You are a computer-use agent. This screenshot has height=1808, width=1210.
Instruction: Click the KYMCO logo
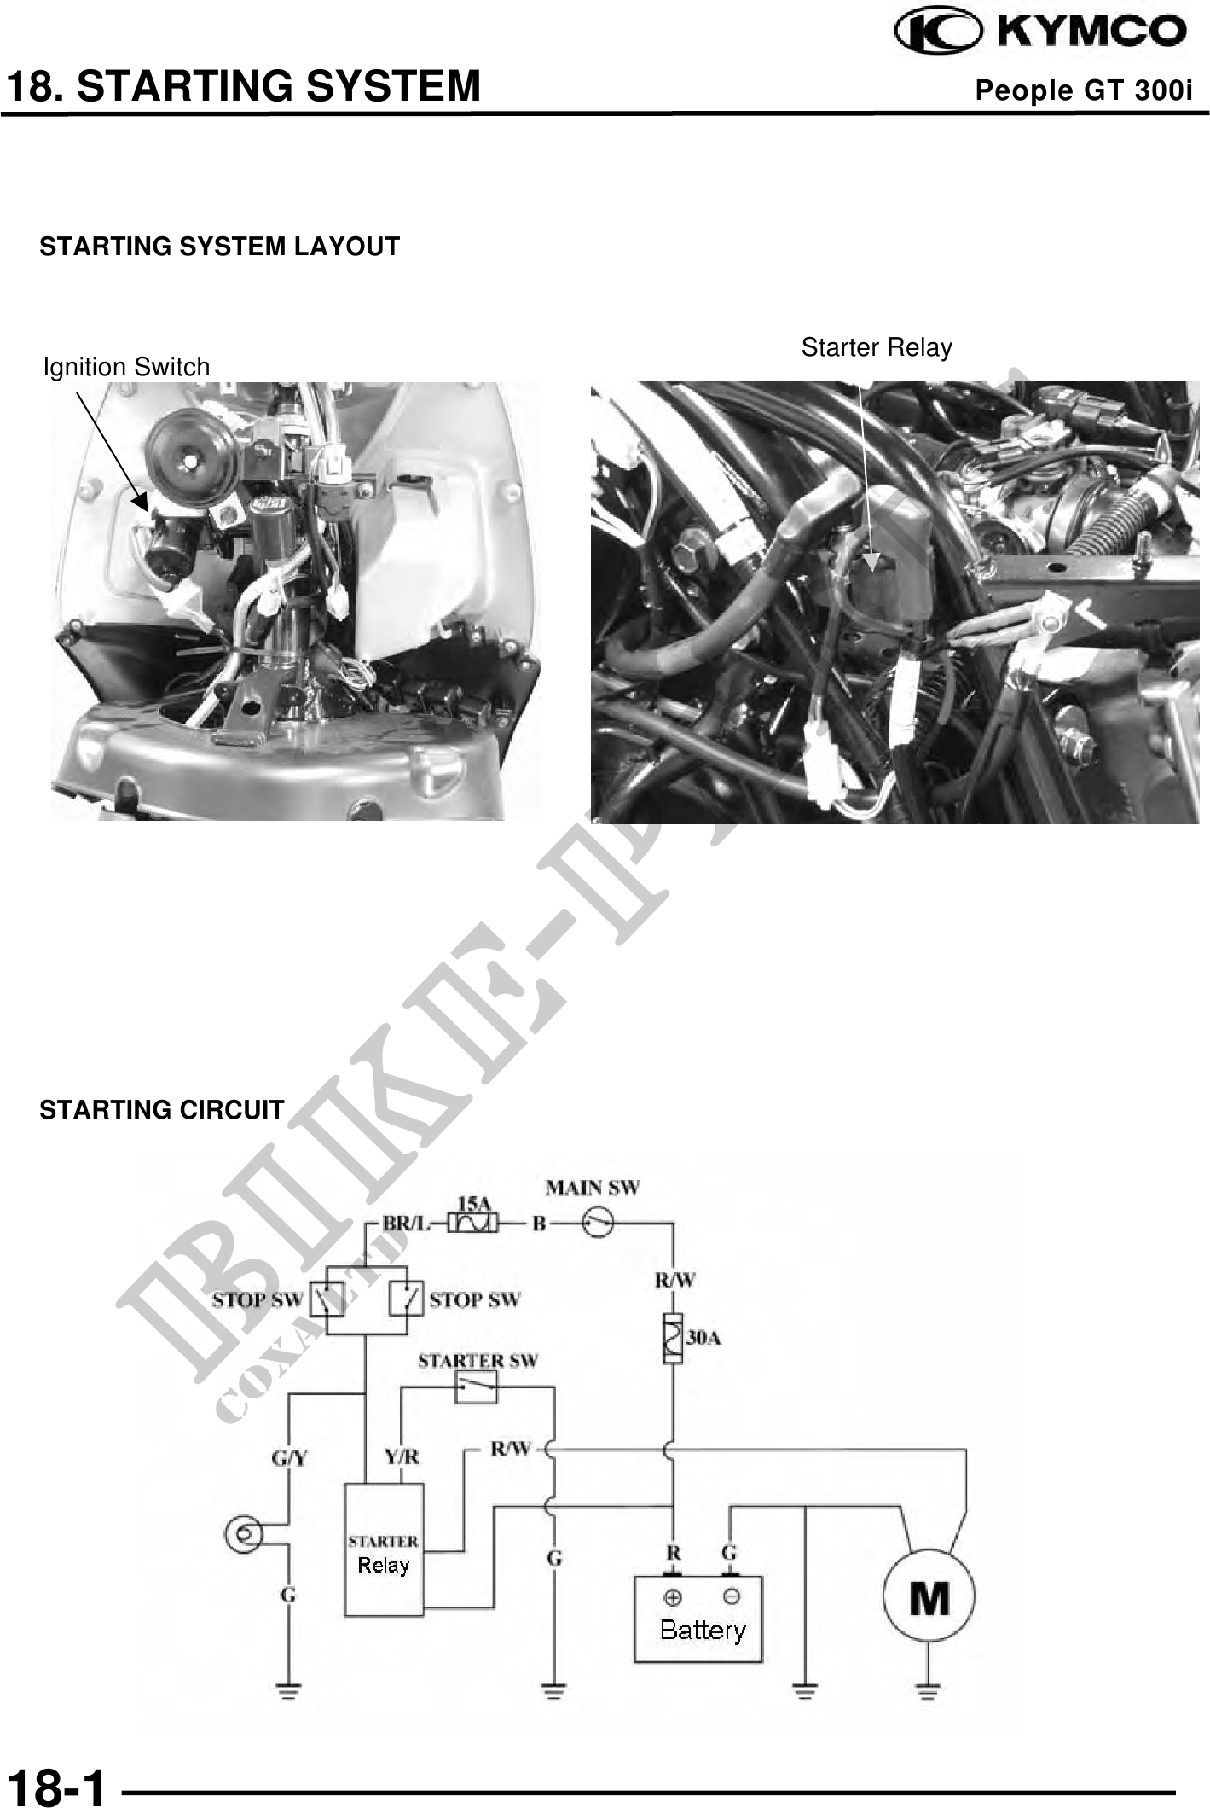(1039, 31)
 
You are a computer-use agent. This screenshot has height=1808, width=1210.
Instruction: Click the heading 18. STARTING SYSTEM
(244, 86)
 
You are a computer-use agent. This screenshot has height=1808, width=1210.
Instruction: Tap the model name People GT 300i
(1083, 90)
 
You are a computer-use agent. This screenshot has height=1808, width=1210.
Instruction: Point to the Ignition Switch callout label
(126, 367)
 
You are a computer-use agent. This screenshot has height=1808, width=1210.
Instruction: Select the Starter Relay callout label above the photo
(876, 347)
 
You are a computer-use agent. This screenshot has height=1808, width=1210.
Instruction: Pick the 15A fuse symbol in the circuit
(473, 1223)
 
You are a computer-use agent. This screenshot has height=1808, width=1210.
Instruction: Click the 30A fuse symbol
(673, 1338)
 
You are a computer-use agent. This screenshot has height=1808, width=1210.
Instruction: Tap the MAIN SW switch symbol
(598, 1223)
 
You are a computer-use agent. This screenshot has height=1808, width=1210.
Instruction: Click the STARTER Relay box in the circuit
(384, 1549)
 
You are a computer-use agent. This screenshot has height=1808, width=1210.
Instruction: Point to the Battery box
(698, 1619)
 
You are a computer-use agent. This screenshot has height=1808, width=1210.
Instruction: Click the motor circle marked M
(928, 1597)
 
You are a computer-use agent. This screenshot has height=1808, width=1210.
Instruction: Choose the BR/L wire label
(406, 1223)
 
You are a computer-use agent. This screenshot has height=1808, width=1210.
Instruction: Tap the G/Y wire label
(289, 1457)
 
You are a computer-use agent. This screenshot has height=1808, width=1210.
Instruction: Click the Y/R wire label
(401, 1456)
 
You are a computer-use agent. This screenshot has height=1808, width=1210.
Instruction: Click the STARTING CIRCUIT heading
(161, 1110)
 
